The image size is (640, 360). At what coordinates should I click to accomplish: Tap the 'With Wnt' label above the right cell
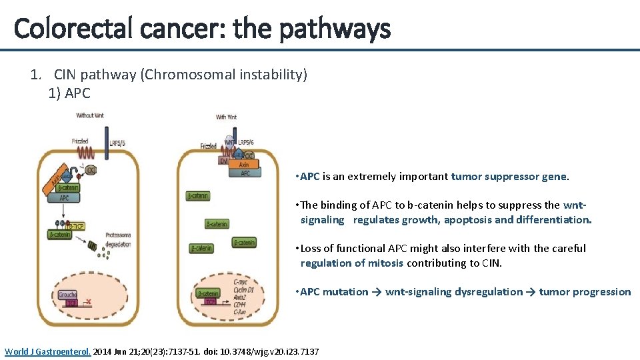click(x=227, y=117)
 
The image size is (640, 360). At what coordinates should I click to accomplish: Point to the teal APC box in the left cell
click(x=65, y=197)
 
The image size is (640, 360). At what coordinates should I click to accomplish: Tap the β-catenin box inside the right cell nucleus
click(x=209, y=293)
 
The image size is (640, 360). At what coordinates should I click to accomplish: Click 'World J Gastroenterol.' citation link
click(x=49, y=351)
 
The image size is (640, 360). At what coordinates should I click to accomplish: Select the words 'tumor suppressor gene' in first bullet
click(x=509, y=177)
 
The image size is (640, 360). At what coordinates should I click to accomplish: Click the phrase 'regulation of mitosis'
click(x=351, y=263)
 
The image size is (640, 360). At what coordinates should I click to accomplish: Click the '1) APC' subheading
click(x=69, y=93)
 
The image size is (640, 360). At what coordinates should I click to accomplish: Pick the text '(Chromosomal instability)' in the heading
click(x=223, y=75)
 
